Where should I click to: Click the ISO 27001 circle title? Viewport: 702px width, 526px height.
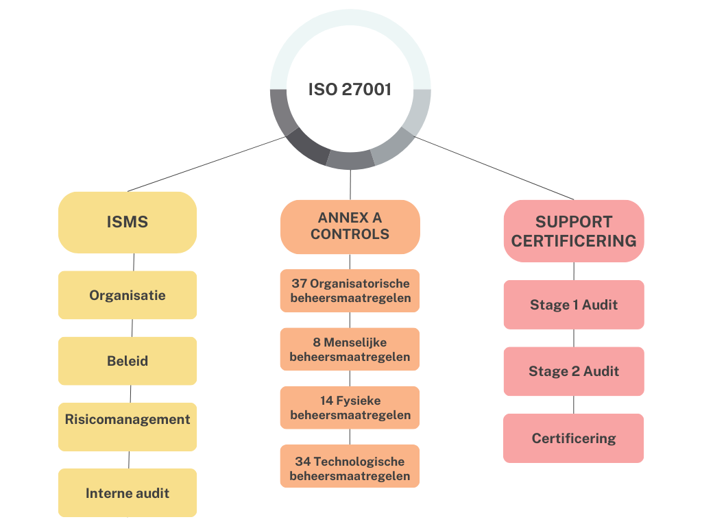(x=350, y=90)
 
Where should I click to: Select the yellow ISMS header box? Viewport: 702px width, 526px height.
(x=128, y=222)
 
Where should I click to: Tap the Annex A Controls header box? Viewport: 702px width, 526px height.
(x=350, y=226)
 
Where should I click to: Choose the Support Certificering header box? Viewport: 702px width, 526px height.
(x=574, y=231)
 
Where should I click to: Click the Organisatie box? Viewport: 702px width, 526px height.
(x=128, y=295)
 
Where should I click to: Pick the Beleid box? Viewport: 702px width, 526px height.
(x=128, y=361)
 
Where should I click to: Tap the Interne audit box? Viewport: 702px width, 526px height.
(x=128, y=492)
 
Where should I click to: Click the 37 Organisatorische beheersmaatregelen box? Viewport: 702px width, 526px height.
(x=350, y=290)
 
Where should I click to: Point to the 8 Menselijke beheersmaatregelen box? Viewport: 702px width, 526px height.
(x=350, y=349)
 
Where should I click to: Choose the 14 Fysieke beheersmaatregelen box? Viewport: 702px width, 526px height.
(x=350, y=408)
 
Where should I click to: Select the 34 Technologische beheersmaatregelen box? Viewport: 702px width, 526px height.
(x=350, y=468)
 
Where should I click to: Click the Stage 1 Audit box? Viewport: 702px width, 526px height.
(x=574, y=305)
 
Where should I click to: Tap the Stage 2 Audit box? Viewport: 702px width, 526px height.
(x=574, y=371)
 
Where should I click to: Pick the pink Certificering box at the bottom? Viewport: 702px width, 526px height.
(x=574, y=438)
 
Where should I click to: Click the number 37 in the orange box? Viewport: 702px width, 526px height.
(x=299, y=283)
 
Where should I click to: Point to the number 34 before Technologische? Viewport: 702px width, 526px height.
(x=303, y=461)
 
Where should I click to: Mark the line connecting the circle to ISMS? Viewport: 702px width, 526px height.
(x=206, y=164)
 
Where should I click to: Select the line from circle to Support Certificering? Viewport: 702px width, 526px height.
(x=494, y=168)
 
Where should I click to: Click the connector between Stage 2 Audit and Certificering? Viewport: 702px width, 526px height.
(x=574, y=405)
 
